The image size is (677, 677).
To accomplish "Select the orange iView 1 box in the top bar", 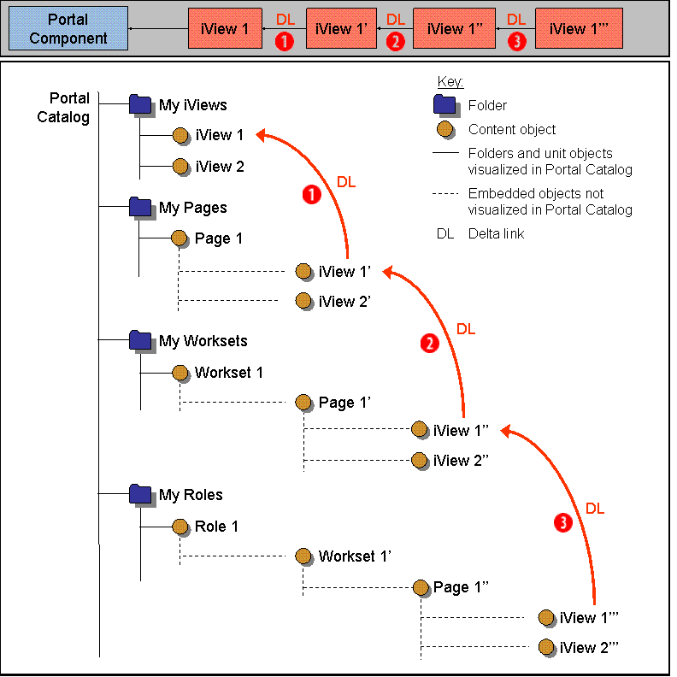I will click(x=225, y=28).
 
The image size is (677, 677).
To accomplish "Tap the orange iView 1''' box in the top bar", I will click(x=579, y=28).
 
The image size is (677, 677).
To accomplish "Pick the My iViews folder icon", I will click(x=140, y=104).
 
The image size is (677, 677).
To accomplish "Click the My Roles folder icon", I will click(x=140, y=494).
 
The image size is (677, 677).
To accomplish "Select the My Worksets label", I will click(x=203, y=341).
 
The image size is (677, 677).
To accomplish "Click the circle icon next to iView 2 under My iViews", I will click(x=180, y=167).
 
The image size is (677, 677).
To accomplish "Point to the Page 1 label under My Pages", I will click(x=218, y=238).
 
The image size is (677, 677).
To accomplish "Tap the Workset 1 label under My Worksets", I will click(x=228, y=373).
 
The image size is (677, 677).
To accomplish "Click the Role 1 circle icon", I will click(x=180, y=527).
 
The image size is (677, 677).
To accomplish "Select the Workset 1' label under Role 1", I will click(x=355, y=556).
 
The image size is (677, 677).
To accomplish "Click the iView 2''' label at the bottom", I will click(x=589, y=648).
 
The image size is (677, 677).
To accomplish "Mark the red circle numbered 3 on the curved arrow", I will click(x=562, y=524).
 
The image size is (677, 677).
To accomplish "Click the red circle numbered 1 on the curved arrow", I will click(x=312, y=195).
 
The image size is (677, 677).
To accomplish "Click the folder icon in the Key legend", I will click(x=444, y=105).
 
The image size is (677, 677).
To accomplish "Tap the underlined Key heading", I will click(x=450, y=82).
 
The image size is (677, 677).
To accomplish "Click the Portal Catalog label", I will click(x=63, y=108).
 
